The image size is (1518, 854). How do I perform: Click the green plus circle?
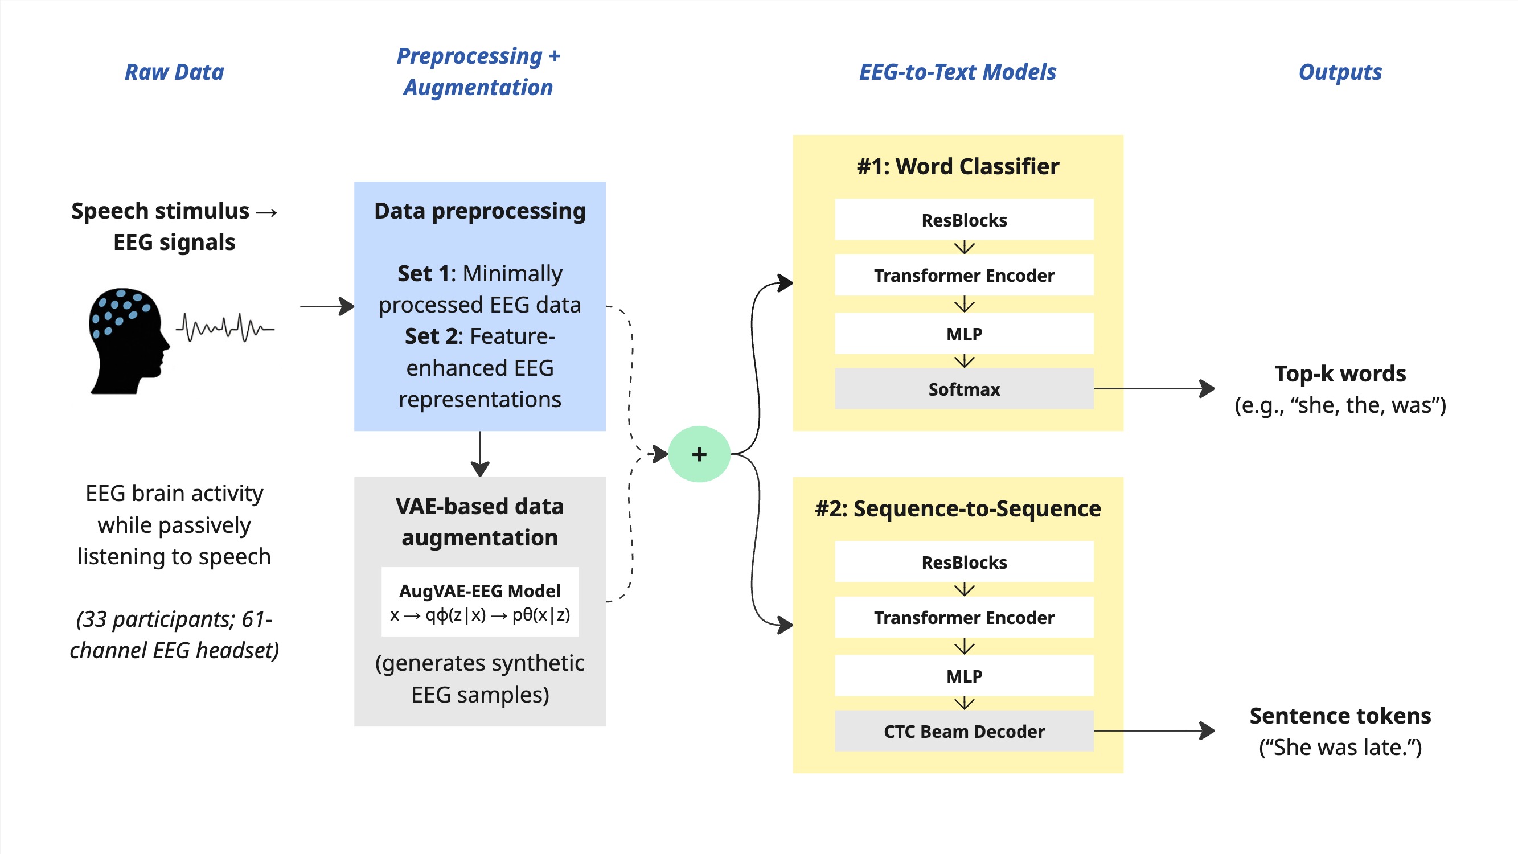(x=699, y=454)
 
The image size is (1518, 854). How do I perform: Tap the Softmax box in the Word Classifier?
(x=964, y=389)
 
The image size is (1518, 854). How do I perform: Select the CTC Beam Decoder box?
(x=964, y=731)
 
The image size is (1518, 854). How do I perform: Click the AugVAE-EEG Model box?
(x=479, y=602)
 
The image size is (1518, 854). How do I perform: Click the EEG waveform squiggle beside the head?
(x=225, y=327)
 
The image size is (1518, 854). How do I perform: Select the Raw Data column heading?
(x=174, y=72)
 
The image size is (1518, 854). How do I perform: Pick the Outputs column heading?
(x=1340, y=72)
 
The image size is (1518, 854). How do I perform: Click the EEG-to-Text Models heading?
(x=958, y=72)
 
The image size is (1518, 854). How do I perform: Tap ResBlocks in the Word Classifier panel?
(x=964, y=220)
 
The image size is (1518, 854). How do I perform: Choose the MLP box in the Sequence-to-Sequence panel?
(x=964, y=675)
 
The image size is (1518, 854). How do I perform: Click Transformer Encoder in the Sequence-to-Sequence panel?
(x=964, y=617)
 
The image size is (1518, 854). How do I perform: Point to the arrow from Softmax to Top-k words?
(x=1154, y=389)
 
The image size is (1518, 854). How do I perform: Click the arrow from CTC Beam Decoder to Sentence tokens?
(x=1154, y=731)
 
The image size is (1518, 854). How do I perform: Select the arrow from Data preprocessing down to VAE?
(x=480, y=454)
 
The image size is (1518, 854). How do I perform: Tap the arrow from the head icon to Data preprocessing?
(x=327, y=306)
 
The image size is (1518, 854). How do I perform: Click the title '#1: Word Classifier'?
(x=958, y=166)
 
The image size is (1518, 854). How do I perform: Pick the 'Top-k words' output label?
(x=1340, y=373)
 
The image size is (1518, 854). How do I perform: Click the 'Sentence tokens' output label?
(x=1340, y=716)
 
